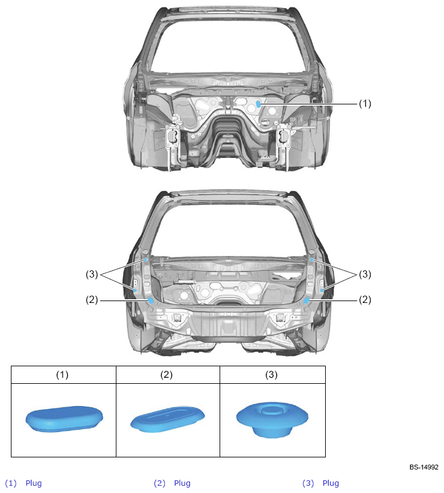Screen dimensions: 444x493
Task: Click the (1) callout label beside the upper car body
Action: point(365,103)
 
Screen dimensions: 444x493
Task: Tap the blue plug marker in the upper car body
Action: point(258,104)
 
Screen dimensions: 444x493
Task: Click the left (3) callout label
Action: point(92,274)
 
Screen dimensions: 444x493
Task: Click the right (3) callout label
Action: point(365,274)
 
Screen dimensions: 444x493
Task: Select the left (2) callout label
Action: point(92,300)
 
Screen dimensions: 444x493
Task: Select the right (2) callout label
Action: point(365,300)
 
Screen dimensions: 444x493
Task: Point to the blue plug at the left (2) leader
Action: point(151,301)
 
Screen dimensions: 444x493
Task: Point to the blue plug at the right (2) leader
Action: point(306,301)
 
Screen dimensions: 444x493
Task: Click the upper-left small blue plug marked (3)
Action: point(145,259)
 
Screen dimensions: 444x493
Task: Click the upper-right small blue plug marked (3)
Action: point(311,259)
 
